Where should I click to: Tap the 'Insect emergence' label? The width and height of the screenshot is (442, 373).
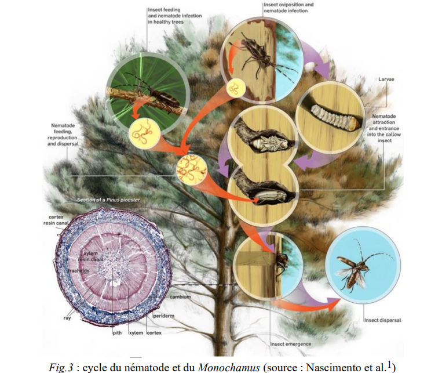pos(291,343)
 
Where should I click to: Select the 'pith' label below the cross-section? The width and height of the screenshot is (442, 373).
pos(116,333)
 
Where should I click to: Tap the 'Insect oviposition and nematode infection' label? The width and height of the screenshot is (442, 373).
pos(288,8)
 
